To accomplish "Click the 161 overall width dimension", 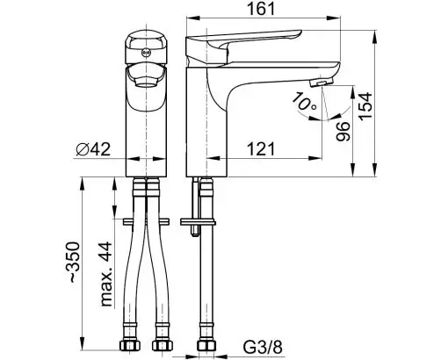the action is (262, 9).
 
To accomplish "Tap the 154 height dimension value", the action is (366, 106).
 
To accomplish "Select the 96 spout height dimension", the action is (343, 132).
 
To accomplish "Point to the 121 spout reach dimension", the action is (262, 149).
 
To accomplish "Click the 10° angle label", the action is (305, 102).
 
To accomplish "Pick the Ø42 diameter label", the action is (93, 149).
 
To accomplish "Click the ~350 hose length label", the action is (74, 262).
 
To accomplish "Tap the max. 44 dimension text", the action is (106, 274).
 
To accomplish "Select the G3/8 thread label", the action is (263, 347).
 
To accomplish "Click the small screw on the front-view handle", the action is (146, 53).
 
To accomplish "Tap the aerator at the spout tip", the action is (322, 82).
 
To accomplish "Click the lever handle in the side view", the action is (243, 44).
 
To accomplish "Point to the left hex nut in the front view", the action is (130, 346).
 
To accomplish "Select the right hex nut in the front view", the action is (162, 346).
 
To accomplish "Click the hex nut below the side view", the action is (206, 346).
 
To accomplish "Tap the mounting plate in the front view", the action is (146, 221).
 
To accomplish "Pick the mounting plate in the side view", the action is (198, 221).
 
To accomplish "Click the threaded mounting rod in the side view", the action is (195, 206).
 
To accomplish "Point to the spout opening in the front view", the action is (146, 84).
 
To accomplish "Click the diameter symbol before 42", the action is (83, 149).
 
